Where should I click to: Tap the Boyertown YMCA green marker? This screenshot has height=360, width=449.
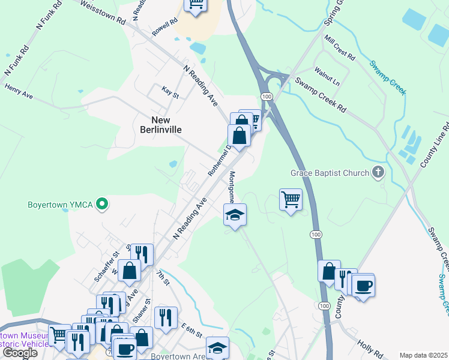[102, 205]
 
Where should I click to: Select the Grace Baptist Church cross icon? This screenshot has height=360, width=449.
[378, 173]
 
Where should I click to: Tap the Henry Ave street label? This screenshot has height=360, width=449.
[19, 91]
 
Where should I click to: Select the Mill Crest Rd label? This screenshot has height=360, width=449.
[340, 47]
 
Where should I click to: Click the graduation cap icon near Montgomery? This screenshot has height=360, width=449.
[235, 214]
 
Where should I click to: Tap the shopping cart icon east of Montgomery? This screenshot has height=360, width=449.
[291, 199]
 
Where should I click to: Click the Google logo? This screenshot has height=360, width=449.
[19, 353]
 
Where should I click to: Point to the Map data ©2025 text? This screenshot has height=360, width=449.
[423, 355]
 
